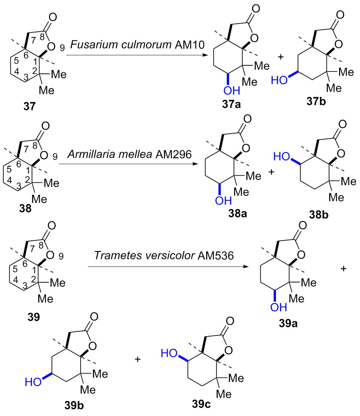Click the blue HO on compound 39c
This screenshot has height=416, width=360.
(x=170, y=354)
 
